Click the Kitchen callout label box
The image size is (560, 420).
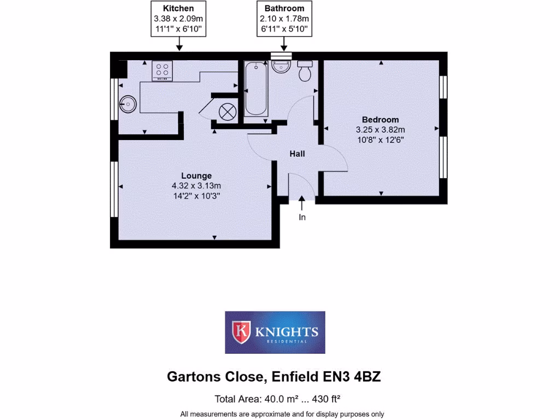click(179, 19)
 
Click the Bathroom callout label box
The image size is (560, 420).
click(284, 19)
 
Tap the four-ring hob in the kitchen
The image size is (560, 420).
click(162, 71)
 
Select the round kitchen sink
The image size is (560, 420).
click(128, 103)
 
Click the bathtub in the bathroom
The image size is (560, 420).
click(255, 89)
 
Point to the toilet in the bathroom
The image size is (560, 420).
click(305, 71)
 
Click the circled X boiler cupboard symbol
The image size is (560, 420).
click(226, 112)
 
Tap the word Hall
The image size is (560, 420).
click(297, 154)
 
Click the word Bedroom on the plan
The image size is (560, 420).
click(380, 120)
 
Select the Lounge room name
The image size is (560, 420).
click(196, 176)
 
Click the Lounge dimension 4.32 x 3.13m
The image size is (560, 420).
click(196, 186)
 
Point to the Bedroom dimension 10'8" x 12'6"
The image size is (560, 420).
click(380, 139)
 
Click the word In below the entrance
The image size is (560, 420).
click(302, 218)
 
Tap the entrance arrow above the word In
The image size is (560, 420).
click(302, 205)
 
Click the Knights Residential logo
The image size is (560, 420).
click(275, 332)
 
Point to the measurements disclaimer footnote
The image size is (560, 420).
click(282, 414)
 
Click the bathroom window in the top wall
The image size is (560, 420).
click(282, 55)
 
